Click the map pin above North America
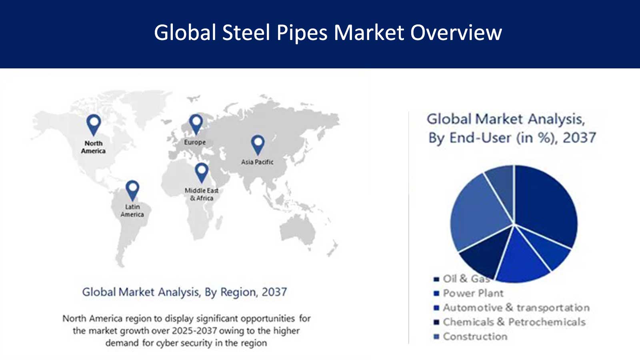click(94, 124)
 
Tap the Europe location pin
click(196, 123)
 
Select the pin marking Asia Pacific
click(258, 144)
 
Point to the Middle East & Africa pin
click(202, 172)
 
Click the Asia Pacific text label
click(257, 162)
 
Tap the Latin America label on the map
click(132, 210)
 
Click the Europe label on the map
click(195, 142)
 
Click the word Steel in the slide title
click(246, 33)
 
